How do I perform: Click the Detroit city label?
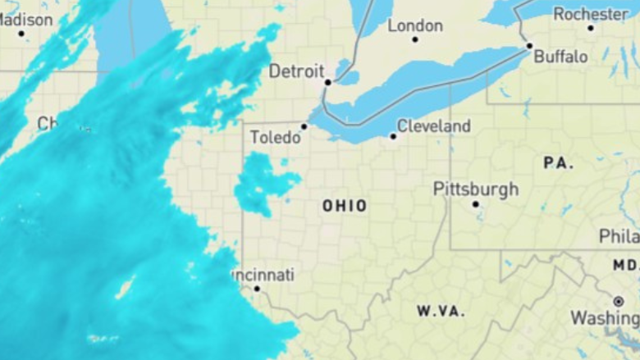(297, 71)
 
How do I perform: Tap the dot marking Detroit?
(327, 82)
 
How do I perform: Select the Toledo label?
(275, 137)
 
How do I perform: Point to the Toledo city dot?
(304, 126)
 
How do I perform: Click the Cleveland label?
(434, 126)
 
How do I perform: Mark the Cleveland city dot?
(393, 136)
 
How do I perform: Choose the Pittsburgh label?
(476, 189)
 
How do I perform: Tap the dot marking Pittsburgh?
(475, 204)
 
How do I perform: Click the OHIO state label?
(345, 206)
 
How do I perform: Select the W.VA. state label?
(441, 312)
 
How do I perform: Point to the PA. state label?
(558, 163)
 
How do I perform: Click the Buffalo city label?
(560, 57)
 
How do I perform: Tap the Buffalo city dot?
(529, 46)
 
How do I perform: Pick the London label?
(415, 25)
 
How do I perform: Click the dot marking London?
(415, 39)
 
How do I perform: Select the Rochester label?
(591, 14)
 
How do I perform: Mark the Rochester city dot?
(590, 28)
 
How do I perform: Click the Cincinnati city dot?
(257, 289)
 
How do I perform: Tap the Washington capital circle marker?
(618, 302)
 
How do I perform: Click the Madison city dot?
(21, 33)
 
